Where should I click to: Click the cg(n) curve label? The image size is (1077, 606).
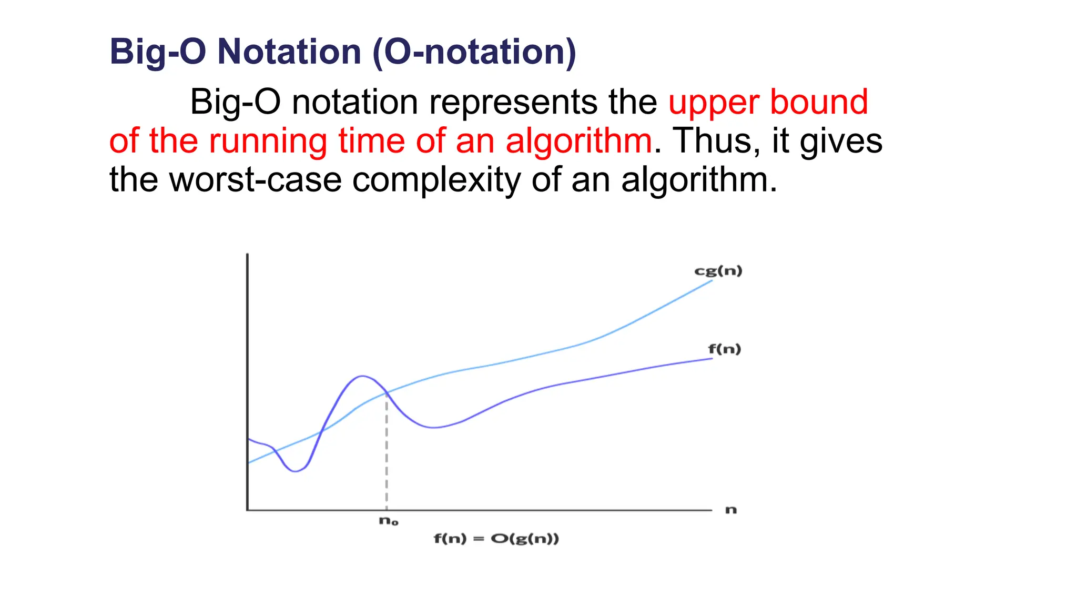718,271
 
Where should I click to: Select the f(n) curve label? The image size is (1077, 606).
724,349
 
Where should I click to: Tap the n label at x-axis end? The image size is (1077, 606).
731,510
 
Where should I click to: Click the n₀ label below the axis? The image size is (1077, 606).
388,521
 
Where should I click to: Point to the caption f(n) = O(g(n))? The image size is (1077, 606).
496,538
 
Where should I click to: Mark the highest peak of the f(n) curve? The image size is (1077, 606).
362,376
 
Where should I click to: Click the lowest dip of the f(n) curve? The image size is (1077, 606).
296,471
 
